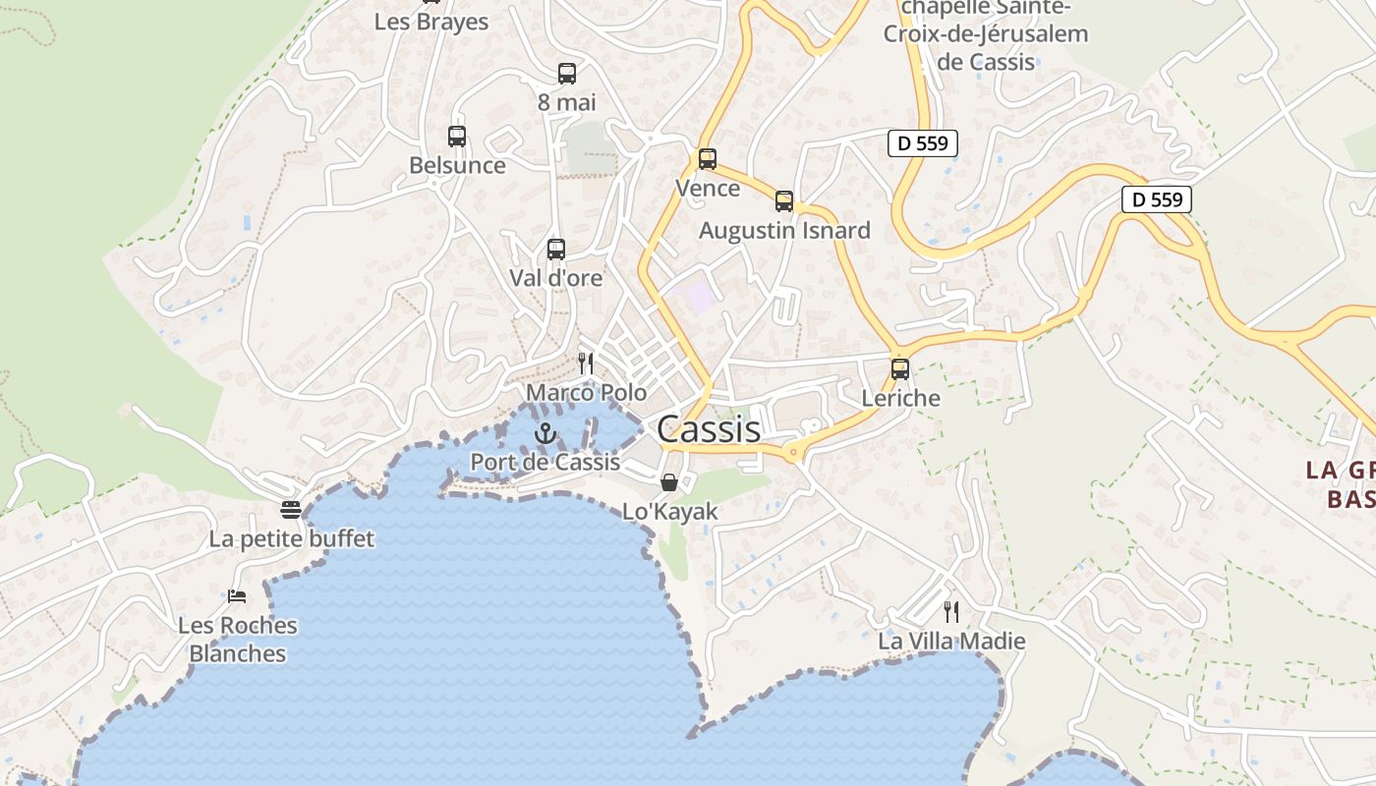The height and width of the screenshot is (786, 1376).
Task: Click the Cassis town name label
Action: point(708,429)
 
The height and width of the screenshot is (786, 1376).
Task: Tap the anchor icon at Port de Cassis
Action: point(545,433)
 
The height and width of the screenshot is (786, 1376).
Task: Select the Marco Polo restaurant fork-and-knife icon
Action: point(586,364)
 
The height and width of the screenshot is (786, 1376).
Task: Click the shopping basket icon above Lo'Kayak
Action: point(669,482)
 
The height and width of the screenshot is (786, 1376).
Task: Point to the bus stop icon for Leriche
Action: point(900,369)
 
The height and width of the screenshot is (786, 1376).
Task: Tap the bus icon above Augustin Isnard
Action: point(784,201)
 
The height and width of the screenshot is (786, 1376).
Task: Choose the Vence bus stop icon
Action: point(708,159)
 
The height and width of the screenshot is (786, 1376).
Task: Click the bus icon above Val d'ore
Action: point(556,250)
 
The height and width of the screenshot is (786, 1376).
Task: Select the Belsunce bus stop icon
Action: point(457,137)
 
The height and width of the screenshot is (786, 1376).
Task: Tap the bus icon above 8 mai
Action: point(567,74)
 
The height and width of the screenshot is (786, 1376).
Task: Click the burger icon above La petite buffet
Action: point(291,510)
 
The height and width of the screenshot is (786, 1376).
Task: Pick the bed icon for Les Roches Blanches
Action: point(237,596)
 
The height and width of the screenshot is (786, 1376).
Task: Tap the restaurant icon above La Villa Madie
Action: point(951,612)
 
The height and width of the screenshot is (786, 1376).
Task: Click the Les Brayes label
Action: point(431,22)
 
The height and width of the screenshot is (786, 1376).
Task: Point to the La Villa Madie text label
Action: point(951,642)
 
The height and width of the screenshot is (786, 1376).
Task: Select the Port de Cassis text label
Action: point(545,462)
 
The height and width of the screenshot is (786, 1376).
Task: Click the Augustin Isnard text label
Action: point(784,231)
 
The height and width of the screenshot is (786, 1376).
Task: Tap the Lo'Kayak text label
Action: point(670,512)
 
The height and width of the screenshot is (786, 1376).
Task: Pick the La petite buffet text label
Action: point(292,539)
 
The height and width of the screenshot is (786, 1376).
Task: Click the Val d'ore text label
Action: point(556,278)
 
